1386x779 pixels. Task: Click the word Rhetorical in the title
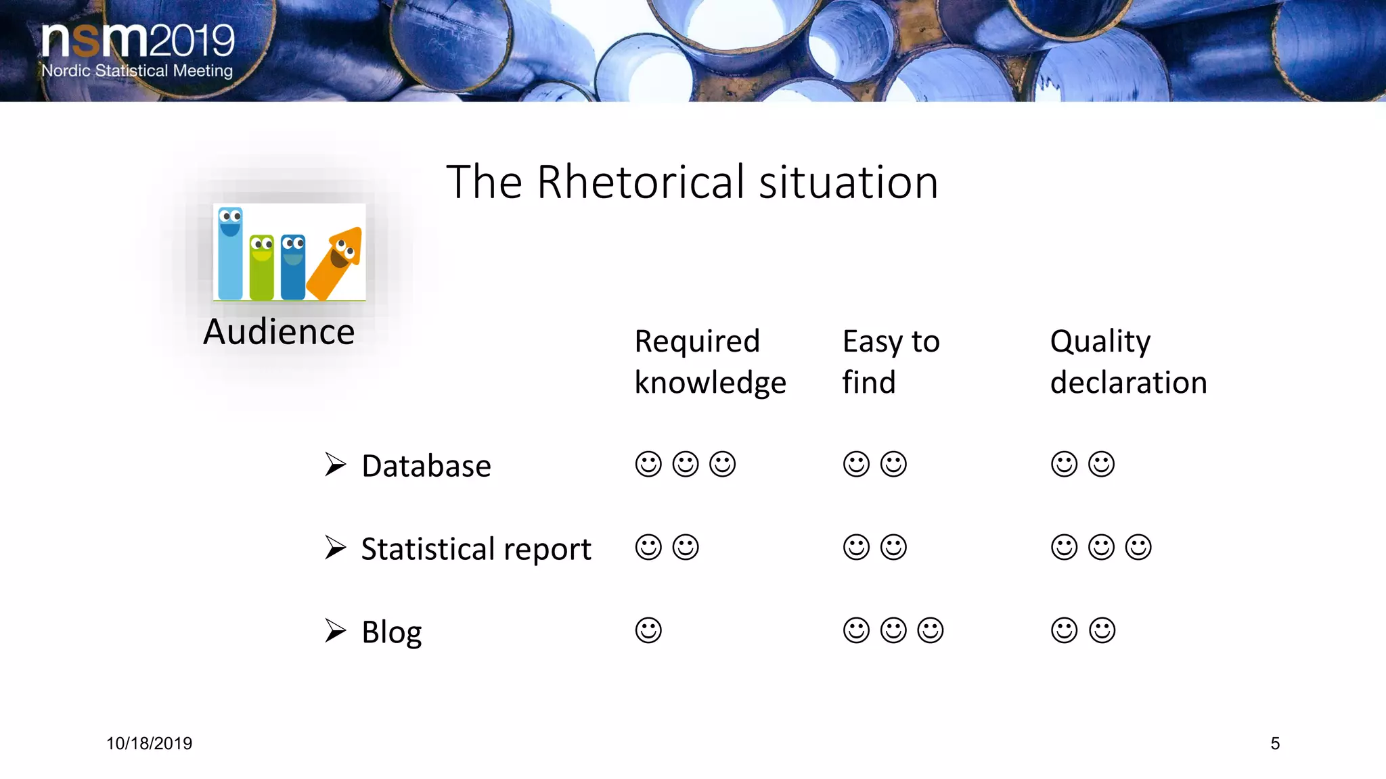pos(640,183)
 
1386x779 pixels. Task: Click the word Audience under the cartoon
pos(279,332)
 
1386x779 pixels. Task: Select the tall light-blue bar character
pos(230,254)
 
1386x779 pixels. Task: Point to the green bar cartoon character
pos(262,267)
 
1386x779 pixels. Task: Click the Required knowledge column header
pos(710,362)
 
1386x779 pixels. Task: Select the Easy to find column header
pos(890,362)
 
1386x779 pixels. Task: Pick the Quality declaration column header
pos(1128,362)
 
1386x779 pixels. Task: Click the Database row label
pos(426,466)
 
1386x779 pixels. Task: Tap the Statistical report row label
pos(476,548)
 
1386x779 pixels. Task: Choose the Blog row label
pos(391,632)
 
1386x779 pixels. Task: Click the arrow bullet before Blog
pos(335,630)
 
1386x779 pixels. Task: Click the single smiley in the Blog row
pos(648,630)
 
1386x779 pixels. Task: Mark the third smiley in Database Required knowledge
pos(722,465)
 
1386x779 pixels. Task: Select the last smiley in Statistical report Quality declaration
pos(1138,547)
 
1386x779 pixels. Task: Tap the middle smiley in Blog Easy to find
pos(893,630)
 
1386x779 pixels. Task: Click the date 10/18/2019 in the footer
pos(149,744)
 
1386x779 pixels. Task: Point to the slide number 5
pos(1275,744)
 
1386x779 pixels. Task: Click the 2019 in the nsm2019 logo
pos(192,41)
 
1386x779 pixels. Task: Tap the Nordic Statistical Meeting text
pos(137,71)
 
